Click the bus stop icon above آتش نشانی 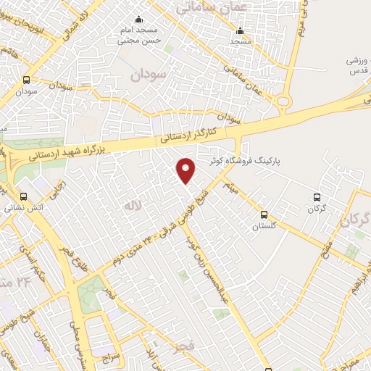(24, 196)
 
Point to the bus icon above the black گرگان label (315, 196)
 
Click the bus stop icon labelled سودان (27, 80)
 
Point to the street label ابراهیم (354, 275)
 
